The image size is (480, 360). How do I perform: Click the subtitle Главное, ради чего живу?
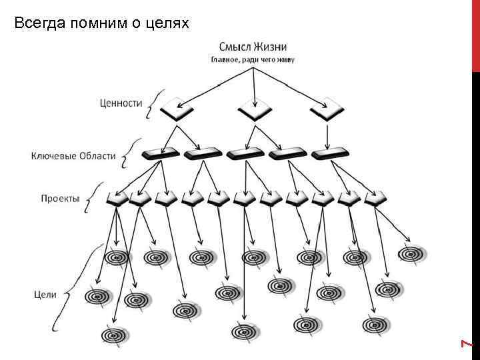(x=253, y=59)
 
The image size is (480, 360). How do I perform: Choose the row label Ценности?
(x=121, y=103)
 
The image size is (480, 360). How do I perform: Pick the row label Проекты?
(x=60, y=199)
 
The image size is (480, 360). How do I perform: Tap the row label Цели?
(x=45, y=293)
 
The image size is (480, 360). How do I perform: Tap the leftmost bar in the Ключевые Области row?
(x=160, y=153)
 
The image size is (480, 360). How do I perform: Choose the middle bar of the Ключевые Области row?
(x=245, y=153)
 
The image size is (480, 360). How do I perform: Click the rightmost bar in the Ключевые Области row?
(x=329, y=153)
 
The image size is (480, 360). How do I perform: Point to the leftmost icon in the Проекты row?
(x=117, y=198)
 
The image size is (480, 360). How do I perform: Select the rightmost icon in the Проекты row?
(x=374, y=198)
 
